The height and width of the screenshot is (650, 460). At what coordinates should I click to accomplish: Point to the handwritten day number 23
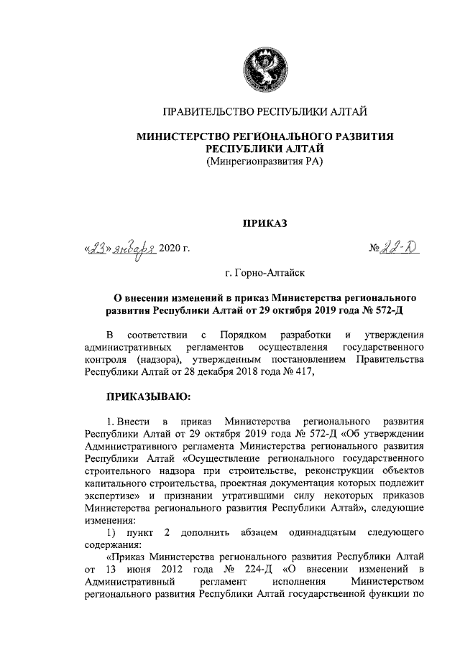coord(99,249)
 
